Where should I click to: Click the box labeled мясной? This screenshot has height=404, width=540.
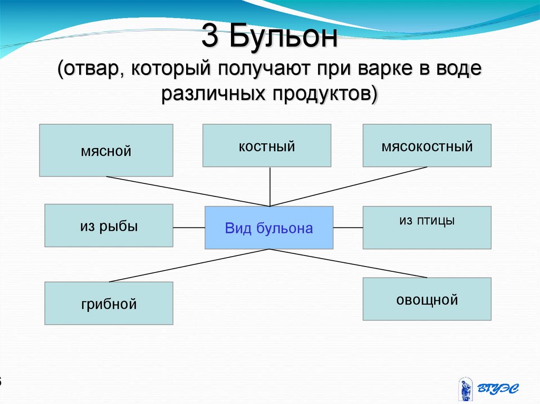[x=106, y=150]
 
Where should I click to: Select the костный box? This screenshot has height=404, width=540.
[x=267, y=145]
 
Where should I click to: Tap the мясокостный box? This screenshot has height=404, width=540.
[x=427, y=145]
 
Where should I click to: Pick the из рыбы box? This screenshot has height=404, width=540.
[x=109, y=225]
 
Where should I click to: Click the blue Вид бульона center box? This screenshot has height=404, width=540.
[x=269, y=228]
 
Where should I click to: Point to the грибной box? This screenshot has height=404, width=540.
[x=109, y=303]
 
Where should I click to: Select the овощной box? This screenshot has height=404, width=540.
[x=427, y=299]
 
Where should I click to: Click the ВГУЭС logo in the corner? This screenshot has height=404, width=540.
[x=488, y=388]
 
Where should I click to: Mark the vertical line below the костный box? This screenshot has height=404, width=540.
[x=270, y=186]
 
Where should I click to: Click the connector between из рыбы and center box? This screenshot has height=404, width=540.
[x=189, y=228]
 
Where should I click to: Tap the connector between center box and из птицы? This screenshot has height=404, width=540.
[x=348, y=228]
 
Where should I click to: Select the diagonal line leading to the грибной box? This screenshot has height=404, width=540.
[x=185, y=266]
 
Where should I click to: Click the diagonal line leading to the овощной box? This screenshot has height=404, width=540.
[x=353, y=264]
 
